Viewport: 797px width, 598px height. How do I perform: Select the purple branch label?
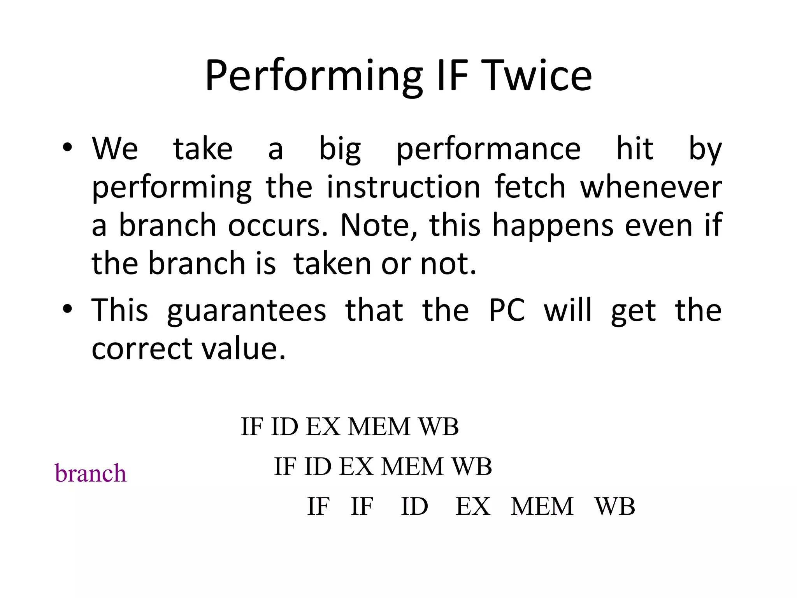tap(91, 473)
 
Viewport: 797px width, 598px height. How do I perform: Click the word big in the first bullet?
tap(340, 149)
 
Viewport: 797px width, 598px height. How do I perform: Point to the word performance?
tap(488, 150)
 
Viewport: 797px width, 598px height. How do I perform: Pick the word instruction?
tap(404, 188)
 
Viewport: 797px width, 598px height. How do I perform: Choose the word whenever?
tap(651, 188)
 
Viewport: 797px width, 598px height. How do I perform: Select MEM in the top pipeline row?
tap(379, 427)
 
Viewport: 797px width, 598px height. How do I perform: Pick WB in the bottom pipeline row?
tap(614, 507)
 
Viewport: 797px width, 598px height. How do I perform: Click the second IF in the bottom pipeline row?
tap(362, 507)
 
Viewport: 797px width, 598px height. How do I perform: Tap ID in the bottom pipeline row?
tap(414, 507)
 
